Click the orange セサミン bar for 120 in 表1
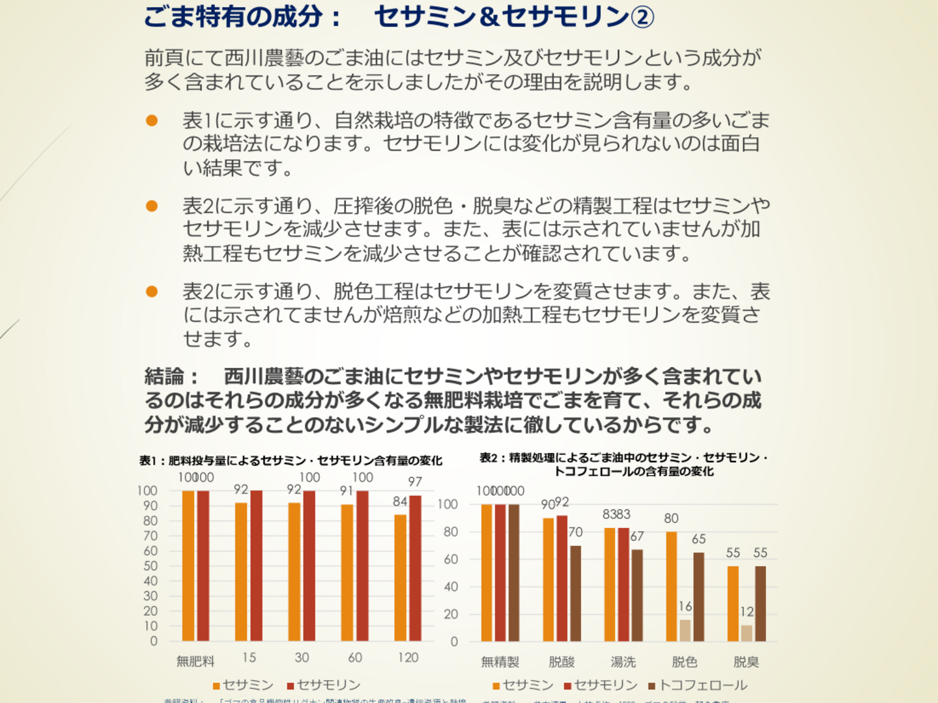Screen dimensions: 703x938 (400, 578)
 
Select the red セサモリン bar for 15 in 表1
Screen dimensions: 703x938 (256, 566)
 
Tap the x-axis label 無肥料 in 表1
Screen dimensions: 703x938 (195, 661)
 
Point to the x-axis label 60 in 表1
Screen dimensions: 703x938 (355, 657)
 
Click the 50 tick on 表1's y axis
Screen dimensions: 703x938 (150, 566)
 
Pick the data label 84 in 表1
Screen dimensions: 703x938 (400, 501)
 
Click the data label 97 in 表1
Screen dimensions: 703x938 (415, 482)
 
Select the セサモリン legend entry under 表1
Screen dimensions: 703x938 (324, 685)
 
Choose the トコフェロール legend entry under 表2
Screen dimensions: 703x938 (698, 685)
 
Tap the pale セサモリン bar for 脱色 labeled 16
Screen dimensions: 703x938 (685, 630)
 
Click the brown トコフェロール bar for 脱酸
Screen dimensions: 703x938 (575, 594)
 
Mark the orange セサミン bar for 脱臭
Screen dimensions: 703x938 (733, 603)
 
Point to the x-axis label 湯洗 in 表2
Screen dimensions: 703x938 (623, 662)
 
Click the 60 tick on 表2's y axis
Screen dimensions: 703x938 (451, 559)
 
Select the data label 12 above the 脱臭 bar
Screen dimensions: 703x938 (746, 612)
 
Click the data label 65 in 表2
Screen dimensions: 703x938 (699, 539)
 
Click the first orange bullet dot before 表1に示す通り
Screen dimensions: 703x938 (152, 120)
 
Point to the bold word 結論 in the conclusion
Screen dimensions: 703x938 (164, 376)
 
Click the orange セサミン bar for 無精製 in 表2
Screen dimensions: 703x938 (487, 573)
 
